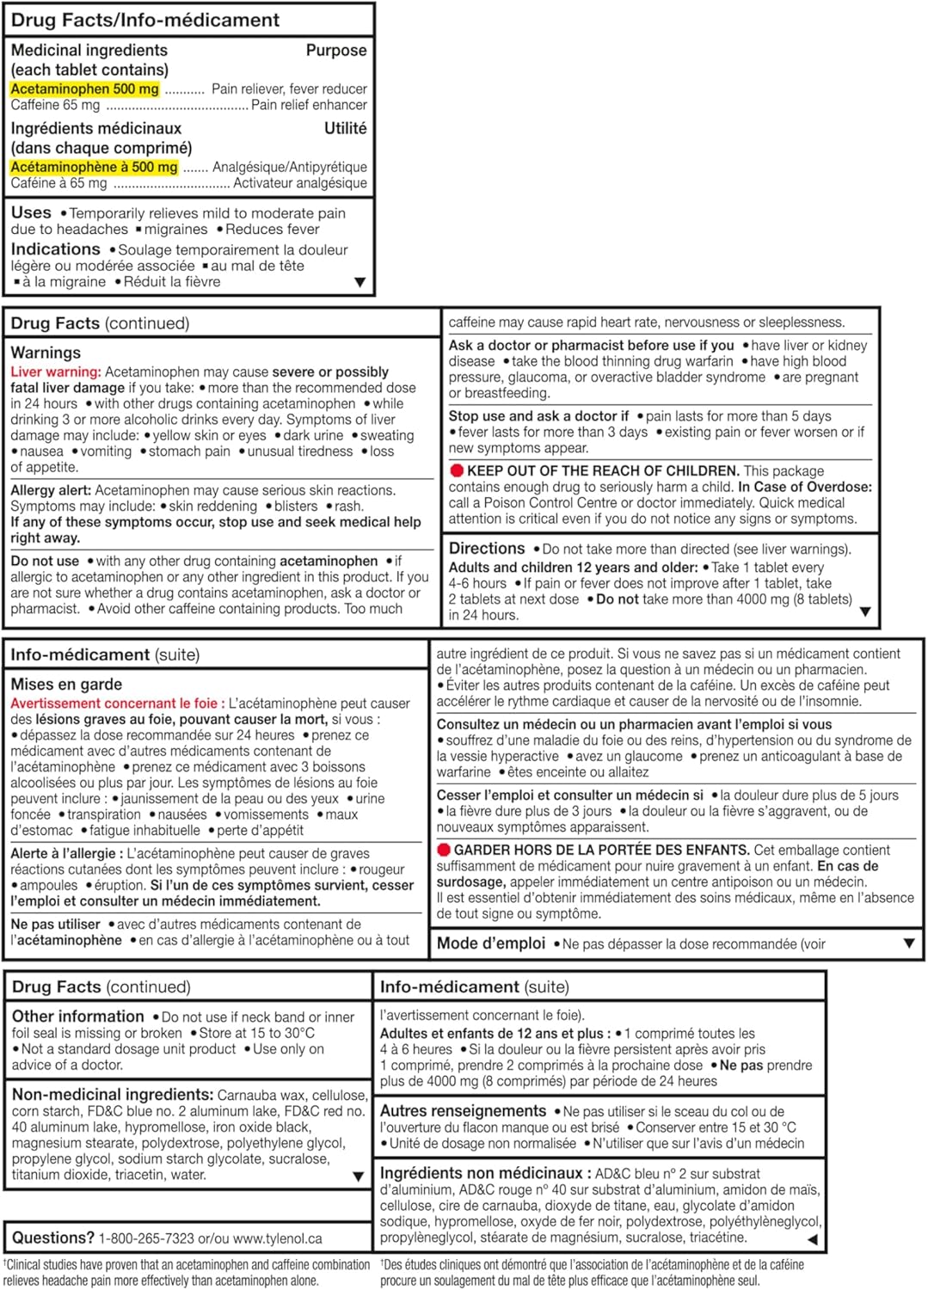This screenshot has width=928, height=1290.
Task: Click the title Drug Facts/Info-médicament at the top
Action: [x=145, y=20]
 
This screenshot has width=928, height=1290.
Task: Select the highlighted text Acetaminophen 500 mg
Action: [x=84, y=89]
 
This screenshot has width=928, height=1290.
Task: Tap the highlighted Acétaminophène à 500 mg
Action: [x=94, y=167]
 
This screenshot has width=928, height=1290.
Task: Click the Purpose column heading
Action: [x=336, y=51]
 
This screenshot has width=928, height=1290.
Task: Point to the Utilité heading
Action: [x=345, y=128]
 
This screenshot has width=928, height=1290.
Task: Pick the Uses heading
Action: [x=31, y=212]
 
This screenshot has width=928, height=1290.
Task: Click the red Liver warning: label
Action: [x=55, y=372]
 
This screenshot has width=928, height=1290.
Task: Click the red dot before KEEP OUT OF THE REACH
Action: [x=457, y=470]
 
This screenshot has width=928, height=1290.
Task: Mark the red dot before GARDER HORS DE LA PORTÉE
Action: [x=444, y=850]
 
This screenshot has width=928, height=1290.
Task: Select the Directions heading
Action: [x=487, y=549]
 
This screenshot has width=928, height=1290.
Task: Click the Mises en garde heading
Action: [x=66, y=685]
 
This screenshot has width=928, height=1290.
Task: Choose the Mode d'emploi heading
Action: [x=490, y=943]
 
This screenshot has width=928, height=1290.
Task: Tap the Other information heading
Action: [x=77, y=1017]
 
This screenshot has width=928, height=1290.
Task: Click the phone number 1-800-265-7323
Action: [x=146, y=1238]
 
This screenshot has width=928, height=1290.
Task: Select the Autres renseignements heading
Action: [x=463, y=1111]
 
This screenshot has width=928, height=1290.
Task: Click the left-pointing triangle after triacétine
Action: [x=812, y=1239]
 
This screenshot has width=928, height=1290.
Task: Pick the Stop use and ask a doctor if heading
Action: [x=538, y=415]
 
